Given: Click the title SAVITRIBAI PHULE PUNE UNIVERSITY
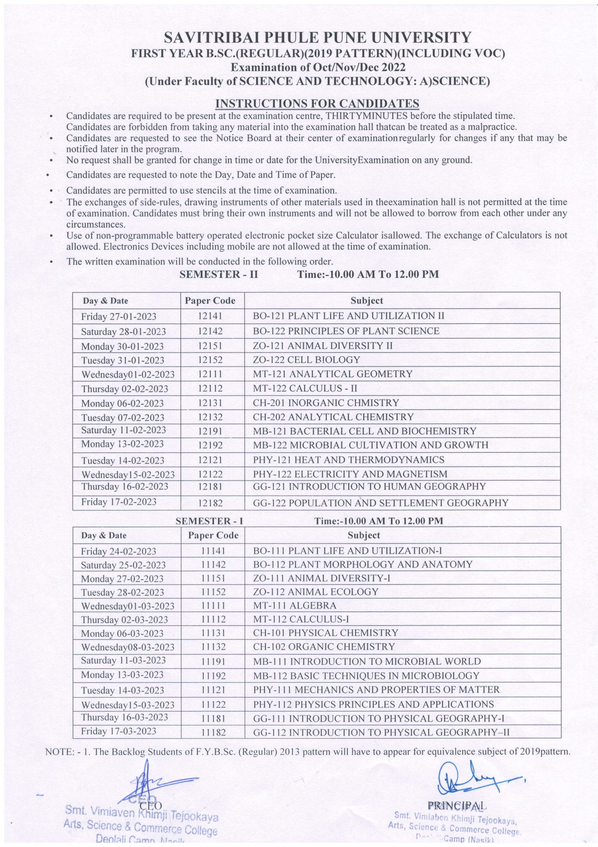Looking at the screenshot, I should point(317,38).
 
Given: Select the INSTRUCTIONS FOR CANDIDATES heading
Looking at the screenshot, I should point(317,103).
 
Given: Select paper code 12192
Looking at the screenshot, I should point(210,445).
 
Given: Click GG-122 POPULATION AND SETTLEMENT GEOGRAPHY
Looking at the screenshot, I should point(381,503).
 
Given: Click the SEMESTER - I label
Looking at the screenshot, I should point(209,521).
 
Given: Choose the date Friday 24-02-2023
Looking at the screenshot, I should point(119,551).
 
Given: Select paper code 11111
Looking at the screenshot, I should point(213,605).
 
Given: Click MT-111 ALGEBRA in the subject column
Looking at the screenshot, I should point(295,605).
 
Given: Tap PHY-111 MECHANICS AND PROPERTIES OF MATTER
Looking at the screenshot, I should point(376,690).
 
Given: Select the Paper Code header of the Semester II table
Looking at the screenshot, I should point(210,300).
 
